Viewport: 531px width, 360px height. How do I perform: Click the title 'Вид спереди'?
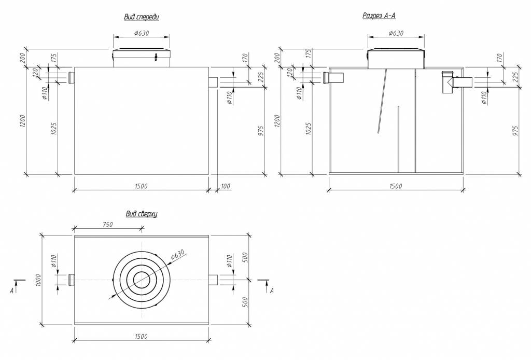pyautogui.click(x=141, y=17)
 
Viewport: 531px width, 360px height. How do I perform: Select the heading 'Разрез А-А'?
pyautogui.click(x=379, y=16)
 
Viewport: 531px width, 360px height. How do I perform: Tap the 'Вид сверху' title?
pyautogui.click(x=142, y=213)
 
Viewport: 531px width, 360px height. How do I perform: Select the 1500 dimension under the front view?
pyautogui.click(x=141, y=186)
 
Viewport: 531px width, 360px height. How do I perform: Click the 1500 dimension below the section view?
pyautogui.click(x=395, y=186)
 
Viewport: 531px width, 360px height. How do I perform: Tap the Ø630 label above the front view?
pyautogui.click(x=142, y=34)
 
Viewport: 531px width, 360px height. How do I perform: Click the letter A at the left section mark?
pyautogui.click(x=11, y=292)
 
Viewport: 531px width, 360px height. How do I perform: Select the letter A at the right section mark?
pyautogui.click(x=272, y=291)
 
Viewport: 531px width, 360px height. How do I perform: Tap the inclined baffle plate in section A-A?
pyautogui.click(x=383, y=101)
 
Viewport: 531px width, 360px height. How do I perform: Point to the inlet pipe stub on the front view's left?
pyautogui.click(x=72, y=78)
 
